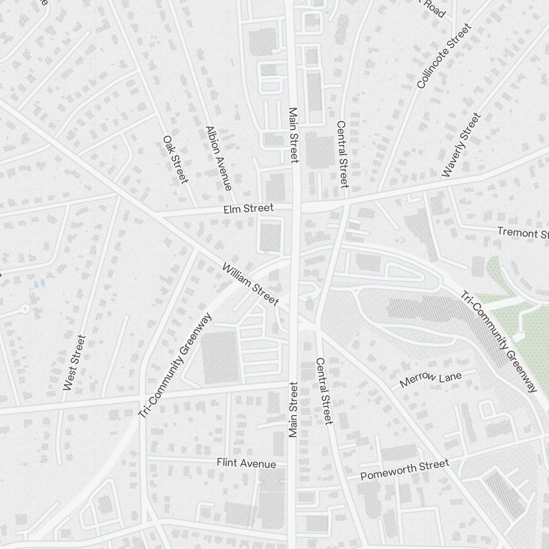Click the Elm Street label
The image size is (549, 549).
tap(248, 209)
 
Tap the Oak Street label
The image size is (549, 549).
tap(176, 160)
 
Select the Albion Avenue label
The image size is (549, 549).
tap(218, 158)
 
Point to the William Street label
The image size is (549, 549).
tap(250, 284)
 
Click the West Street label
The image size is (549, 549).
tap(74, 363)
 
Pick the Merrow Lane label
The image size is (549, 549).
tap(431, 379)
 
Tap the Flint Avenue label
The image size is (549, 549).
tap(246, 463)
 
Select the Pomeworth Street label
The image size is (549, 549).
tap(405, 470)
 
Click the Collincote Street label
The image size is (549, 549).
tap(444, 56)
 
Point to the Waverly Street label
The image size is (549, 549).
tap(461, 145)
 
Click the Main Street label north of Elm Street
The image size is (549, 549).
tap(293, 135)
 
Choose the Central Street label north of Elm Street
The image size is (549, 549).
tap(342, 154)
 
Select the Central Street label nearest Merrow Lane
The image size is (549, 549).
tap(323, 391)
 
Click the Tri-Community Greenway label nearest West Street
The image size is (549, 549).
tap(175, 366)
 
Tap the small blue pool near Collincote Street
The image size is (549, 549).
tap(417, 48)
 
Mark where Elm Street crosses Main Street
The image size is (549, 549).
tap(296, 207)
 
